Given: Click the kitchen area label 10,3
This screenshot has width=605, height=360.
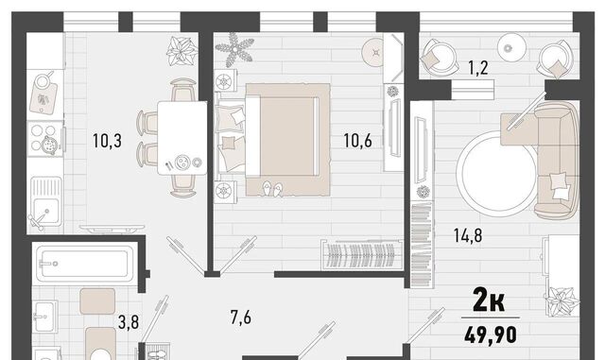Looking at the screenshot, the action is coord(107,141).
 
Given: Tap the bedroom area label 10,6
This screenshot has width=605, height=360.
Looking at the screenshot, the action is coord(357,141).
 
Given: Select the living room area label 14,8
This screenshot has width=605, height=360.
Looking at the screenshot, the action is coord(468,235).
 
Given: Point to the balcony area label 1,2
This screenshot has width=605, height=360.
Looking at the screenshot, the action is coord(478,68).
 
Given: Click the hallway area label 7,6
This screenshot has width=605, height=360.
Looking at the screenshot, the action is coord(241,317).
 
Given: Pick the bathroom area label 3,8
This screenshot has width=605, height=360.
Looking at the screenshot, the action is coord(129,322).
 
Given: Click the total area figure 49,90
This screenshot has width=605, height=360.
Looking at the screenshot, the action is coord(491,334).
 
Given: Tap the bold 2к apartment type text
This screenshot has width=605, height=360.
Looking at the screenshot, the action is coord(489,301).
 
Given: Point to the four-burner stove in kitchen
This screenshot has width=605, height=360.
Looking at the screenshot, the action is coord(44,139).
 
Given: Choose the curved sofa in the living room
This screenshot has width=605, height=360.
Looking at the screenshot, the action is coord(557,158).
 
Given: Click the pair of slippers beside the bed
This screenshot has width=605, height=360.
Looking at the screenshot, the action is coord(272,189).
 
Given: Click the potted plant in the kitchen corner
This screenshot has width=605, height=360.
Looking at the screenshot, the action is coord(181,51).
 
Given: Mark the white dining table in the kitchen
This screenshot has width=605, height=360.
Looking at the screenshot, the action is coord(182,138).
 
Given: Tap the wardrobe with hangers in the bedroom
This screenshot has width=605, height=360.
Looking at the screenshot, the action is coord(362,255).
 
